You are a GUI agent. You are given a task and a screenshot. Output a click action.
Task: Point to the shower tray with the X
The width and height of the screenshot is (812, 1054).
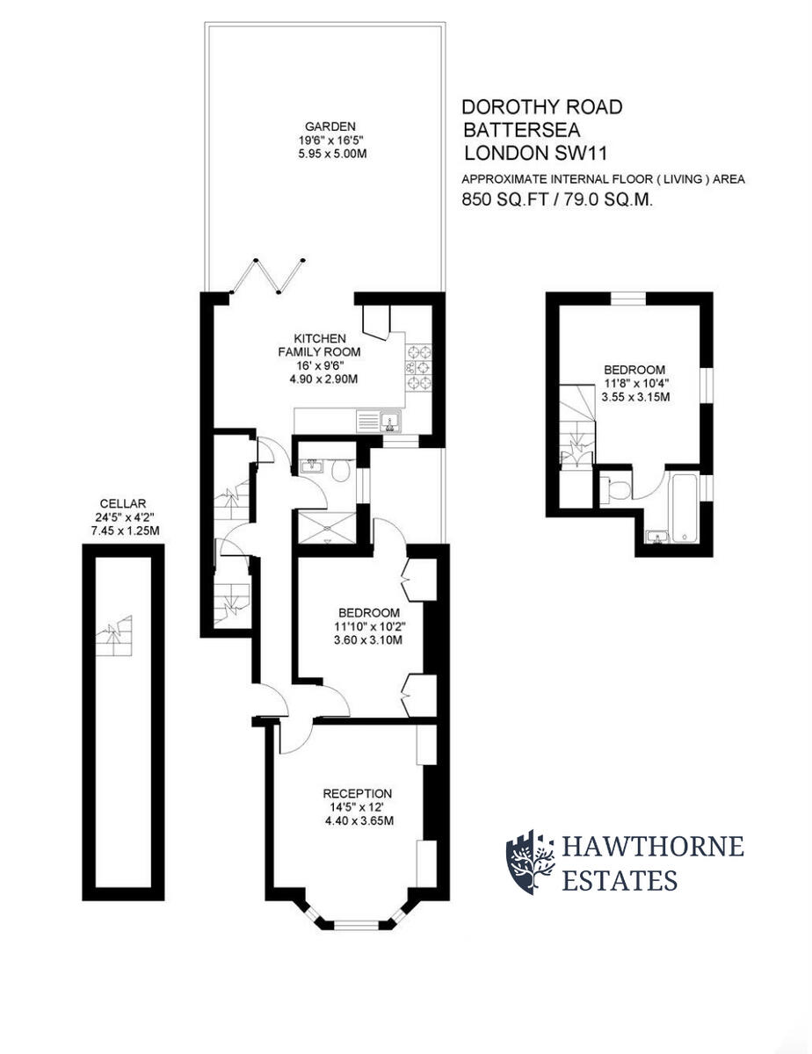(327, 527)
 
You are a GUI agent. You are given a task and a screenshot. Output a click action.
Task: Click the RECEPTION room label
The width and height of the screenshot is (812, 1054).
(357, 793)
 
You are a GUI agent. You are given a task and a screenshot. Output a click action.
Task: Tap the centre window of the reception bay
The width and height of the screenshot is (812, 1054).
(356, 924)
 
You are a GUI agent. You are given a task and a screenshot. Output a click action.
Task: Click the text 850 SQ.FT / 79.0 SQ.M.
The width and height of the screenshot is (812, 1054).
(557, 200)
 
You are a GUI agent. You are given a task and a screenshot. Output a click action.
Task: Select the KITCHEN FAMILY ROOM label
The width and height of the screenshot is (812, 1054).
(319, 345)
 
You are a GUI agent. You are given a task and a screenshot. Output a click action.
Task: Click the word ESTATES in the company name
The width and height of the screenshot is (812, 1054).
(620, 880)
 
